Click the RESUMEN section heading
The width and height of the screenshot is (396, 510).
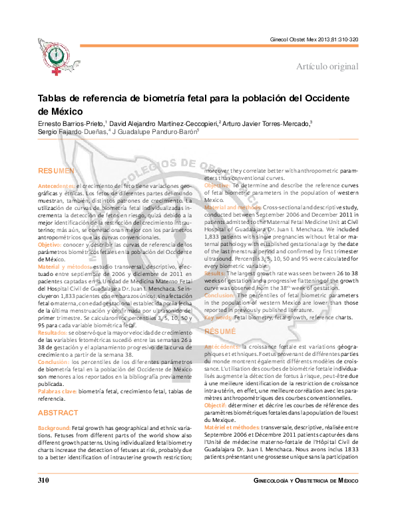55,171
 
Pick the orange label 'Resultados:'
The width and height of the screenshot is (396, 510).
53,331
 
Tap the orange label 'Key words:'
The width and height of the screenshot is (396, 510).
219,319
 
